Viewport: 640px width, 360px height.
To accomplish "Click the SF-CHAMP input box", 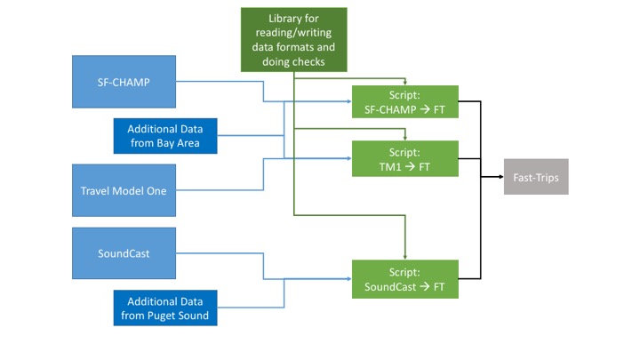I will (124, 82).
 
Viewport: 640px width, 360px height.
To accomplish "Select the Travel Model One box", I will (124, 190).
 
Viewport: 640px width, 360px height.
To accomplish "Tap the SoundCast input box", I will (124, 253).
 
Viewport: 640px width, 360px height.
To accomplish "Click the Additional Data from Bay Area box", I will (165, 135).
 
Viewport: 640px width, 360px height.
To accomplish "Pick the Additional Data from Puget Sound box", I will (165, 308).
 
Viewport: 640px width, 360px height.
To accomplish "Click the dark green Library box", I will (293, 40).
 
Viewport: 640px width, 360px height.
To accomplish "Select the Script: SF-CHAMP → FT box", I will (404, 102).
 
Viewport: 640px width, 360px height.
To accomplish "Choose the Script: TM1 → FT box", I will (404, 158).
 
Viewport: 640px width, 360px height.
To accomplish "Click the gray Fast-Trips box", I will (535, 177).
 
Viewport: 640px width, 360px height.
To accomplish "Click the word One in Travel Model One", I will (156, 190).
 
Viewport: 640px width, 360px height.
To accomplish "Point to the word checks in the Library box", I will (308, 61).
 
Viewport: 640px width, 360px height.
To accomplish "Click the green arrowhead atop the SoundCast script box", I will (405, 257).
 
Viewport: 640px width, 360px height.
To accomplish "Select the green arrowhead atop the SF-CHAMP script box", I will (405, 83).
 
